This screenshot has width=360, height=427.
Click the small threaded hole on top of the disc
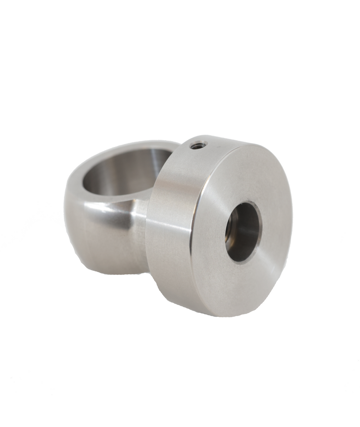click(198, 145)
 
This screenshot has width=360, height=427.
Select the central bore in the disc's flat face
click(243, 232)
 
